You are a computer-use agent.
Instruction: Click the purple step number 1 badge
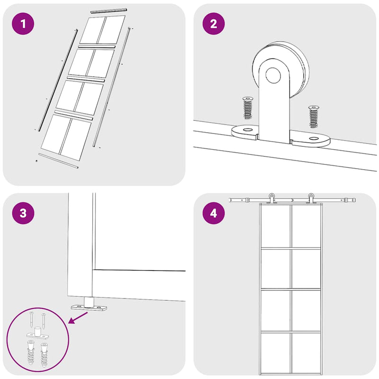[x=23, y=24]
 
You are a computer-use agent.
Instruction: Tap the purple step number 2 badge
[x=214, y=24]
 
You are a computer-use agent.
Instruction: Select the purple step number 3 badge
[x=23, y=213]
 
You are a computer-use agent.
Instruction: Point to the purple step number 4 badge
[x=214, y=213]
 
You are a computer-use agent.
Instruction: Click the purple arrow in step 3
[x=78, y=317]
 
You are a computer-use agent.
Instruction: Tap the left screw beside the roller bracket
[x=247, y=108]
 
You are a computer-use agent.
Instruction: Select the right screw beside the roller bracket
[x=314, y=117]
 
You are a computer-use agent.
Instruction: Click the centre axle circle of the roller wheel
[x=273, y=75]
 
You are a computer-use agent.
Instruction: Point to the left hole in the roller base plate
[x=247, y=130]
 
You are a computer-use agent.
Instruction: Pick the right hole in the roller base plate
[x=314, y=138]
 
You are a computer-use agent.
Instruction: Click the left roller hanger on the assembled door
[x=271, y=198]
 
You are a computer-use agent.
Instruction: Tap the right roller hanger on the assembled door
[x=311, y=198]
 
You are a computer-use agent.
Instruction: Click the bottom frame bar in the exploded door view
[x=58, y=161]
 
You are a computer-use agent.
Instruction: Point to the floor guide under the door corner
[x=89, y=305]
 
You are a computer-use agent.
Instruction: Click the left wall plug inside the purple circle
[x=31, y=353]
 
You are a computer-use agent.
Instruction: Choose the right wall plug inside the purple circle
[x=45, y=354]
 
